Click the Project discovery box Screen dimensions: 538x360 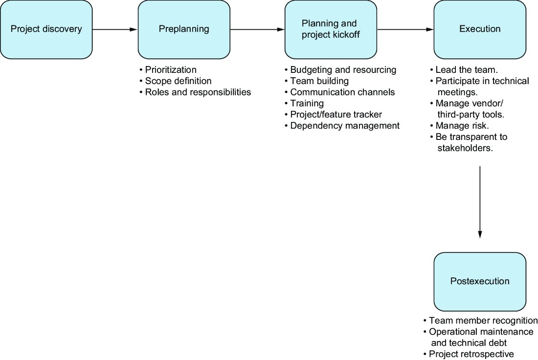coord(46,29)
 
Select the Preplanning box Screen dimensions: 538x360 coord(184,29)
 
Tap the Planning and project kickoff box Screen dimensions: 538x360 coord(331,29)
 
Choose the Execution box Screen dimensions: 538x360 coord(480,29)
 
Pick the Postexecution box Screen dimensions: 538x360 coord(480,282)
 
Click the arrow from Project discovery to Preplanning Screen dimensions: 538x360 coord(115,29)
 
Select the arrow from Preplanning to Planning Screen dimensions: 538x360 coord(257,29)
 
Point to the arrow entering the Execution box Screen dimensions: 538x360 coord(405,29)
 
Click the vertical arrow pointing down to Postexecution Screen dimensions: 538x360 coord(480,202)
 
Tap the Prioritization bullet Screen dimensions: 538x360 coord(168,69)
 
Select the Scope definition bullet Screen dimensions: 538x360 coord(175,81)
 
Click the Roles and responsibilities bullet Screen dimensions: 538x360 coord(195,92)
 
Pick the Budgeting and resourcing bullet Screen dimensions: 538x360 coord(340,69)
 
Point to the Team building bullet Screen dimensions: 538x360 coord(317,81)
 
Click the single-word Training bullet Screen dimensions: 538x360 coord(304,103)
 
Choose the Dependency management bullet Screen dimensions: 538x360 coord(342,126)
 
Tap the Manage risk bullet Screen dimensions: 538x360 coord(459,126)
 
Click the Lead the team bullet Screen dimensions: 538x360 coord(464,69)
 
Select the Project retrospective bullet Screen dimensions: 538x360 coord(469,354)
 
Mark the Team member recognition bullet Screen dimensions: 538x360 coord(480,320)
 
